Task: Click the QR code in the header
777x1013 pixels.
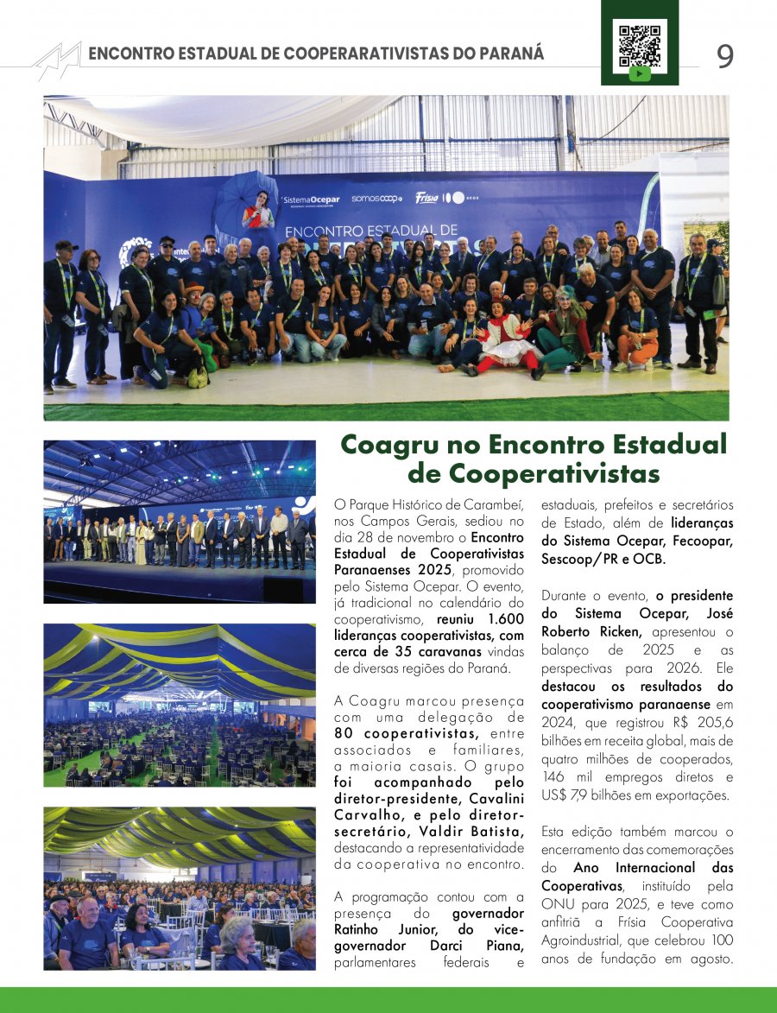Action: point(639,42)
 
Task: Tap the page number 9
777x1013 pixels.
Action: point(724,56)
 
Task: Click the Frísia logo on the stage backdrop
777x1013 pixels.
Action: point(427,198)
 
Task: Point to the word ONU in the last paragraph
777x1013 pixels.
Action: point(557,904)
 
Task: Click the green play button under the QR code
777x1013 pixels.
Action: point(639,74)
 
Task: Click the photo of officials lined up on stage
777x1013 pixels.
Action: point(180,521)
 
